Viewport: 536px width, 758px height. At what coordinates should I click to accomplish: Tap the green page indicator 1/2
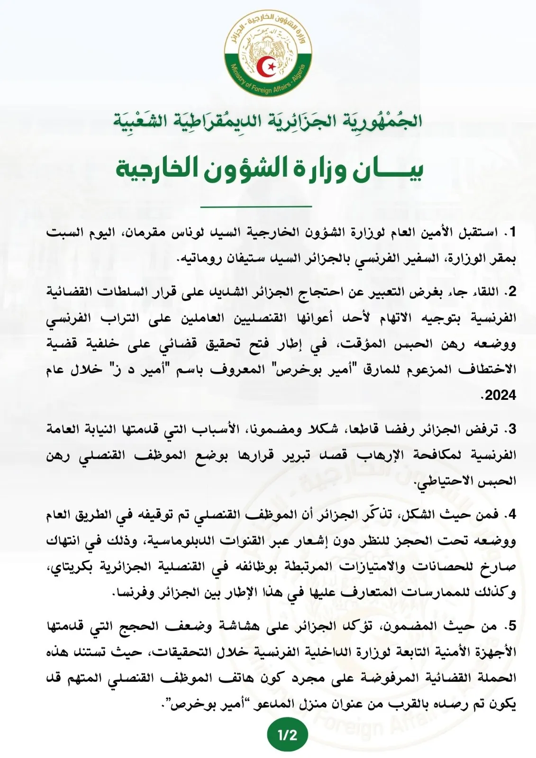point(287,735)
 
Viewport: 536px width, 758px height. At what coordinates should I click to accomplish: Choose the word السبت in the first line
point(64,233)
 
